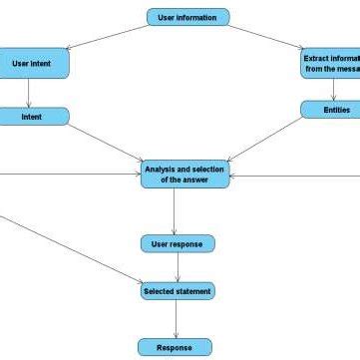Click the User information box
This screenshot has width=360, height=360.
click(x=187, y=17)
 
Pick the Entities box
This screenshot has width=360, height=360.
click(x=336, y=110)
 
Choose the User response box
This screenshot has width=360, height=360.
click(x=177, y=243)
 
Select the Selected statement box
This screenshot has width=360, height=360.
click(x=177, y=291)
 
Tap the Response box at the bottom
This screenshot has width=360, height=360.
click(x=175, y=347)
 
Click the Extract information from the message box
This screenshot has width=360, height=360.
click(x=330, y=63)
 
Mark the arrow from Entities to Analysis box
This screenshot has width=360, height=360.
click(x=267, y=139)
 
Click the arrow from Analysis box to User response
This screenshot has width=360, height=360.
click(x=175, y=211)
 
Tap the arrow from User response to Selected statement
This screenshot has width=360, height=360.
click(x=178, y=267)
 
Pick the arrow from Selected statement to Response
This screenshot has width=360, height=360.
click(x=176, y=319)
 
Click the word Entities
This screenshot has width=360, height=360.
click(x=336, y=110)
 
